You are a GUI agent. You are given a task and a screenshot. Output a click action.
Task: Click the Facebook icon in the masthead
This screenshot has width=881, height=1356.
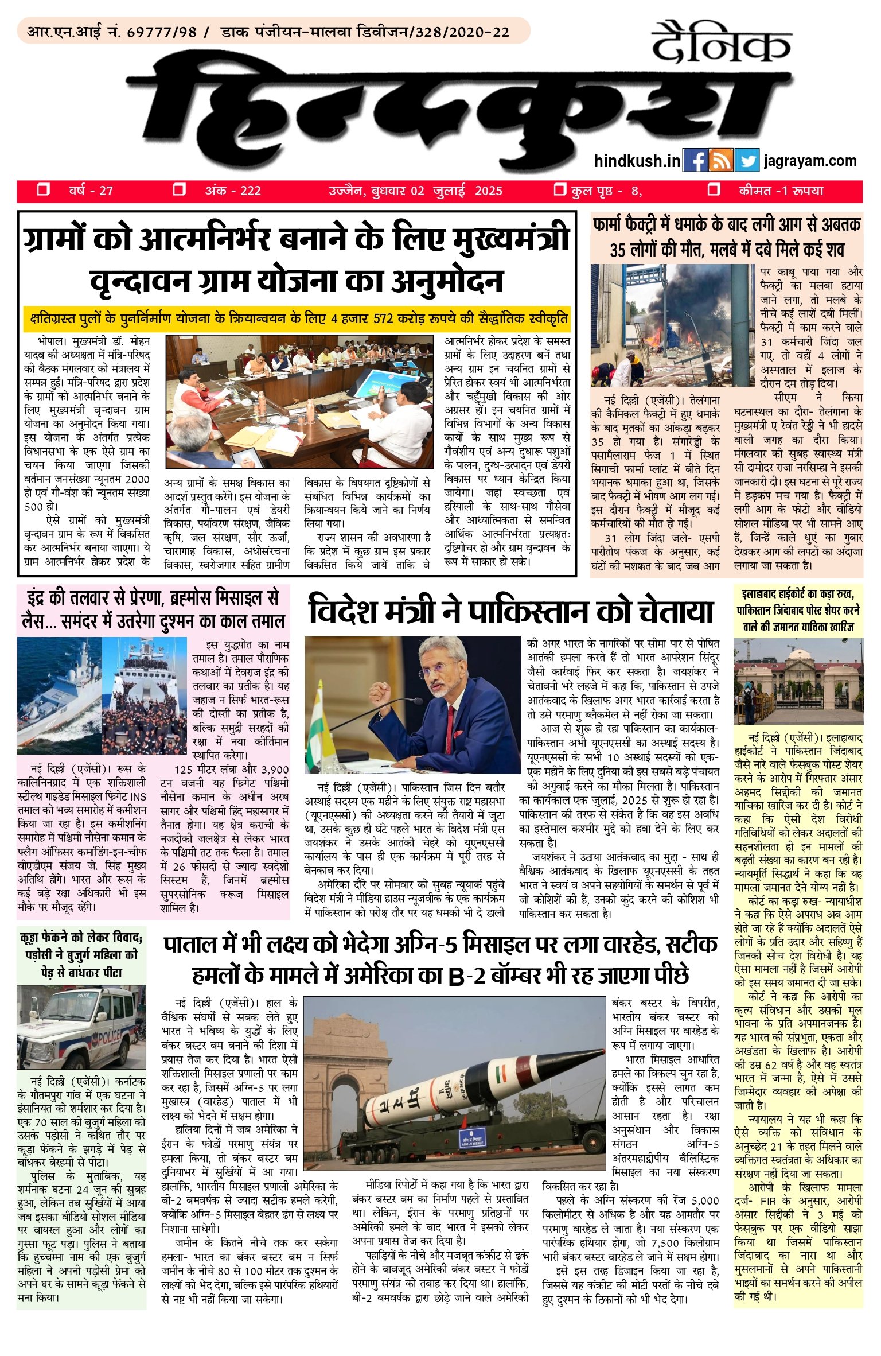(x=695, y=161)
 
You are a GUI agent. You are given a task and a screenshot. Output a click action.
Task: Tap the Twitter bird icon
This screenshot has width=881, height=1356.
(x=747, y=161)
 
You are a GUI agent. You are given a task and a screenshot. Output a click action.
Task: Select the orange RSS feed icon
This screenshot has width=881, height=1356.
(x=721, y=161)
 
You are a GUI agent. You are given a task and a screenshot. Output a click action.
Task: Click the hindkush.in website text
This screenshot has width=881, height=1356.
(x=637, y=161)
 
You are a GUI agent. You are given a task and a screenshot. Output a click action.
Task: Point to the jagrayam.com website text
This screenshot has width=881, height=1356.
(x=810, y=161)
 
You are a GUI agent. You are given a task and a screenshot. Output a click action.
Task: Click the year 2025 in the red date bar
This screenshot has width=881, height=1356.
(x=488, y=191)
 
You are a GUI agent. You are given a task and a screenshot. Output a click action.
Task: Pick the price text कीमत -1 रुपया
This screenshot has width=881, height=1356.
(x=781, y=191)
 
